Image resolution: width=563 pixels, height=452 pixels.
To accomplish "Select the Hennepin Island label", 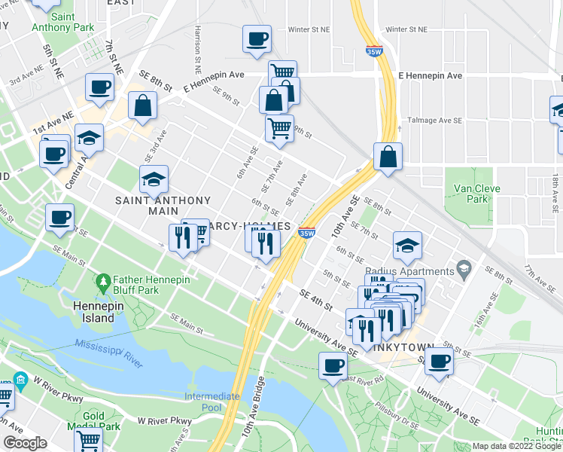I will point(94,312).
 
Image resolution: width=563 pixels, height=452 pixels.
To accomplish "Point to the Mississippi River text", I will point(108,353).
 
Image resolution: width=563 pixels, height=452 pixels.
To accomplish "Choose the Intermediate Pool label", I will point(212,402).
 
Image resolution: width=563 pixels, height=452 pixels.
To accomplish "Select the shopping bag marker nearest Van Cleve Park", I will point(388,157).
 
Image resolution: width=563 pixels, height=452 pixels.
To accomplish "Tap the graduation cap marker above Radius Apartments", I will point(407,245).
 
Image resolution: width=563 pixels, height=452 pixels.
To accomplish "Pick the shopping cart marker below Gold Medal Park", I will point(89,441).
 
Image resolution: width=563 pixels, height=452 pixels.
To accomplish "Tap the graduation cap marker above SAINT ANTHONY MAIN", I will point(154,179).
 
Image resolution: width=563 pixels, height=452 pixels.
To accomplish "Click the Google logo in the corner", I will point(25,443).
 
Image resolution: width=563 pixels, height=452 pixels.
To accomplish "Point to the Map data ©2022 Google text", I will point(516,446).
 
